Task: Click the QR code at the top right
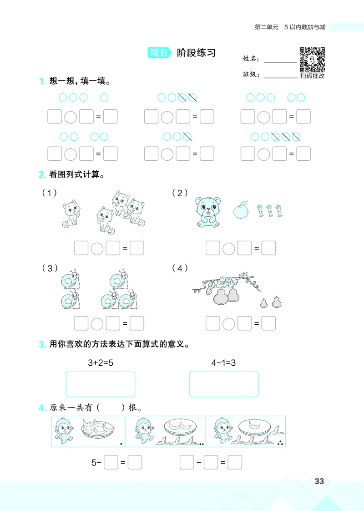click(x=312, y=59)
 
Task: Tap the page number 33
click(x=319, y=481)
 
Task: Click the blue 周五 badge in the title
click(x=159, y=53)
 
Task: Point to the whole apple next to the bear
click(x=240, y=210)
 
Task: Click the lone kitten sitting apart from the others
click(x=71, y=214)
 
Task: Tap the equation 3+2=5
click(x=101, y=363)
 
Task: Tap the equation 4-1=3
click(x=223, y=363)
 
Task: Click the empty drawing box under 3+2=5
click(x=101, y=384)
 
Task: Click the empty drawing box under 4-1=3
click(x=223, y=384)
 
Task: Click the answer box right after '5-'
click(x=111, y=463)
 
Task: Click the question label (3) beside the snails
click(x=50, y=268)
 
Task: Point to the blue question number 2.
click(x=41, y=174)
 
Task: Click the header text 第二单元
click(x=266, y=27)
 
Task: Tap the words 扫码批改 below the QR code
click(x=312, y=76)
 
